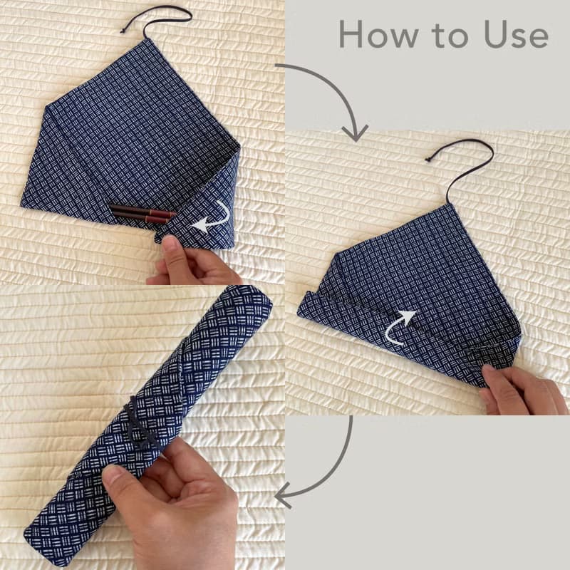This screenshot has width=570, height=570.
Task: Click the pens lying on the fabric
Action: click(142, 212)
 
